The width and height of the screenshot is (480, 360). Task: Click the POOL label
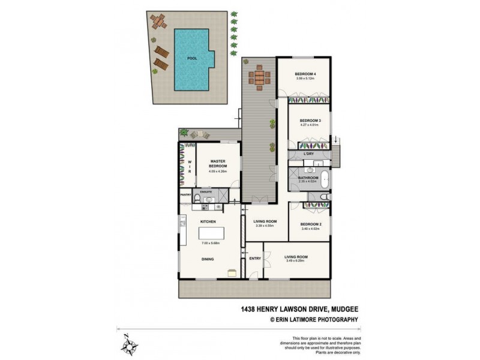pos(192,59)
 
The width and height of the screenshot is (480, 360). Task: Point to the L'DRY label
pos(309,154)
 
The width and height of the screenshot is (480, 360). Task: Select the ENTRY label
pos(254,259)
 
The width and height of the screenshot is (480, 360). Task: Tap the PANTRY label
pos(185,195)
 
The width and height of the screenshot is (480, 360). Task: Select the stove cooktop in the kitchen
pos(204,208)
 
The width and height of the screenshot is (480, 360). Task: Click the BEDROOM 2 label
pos(311,224)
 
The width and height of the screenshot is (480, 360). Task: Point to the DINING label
pos(208,259)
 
